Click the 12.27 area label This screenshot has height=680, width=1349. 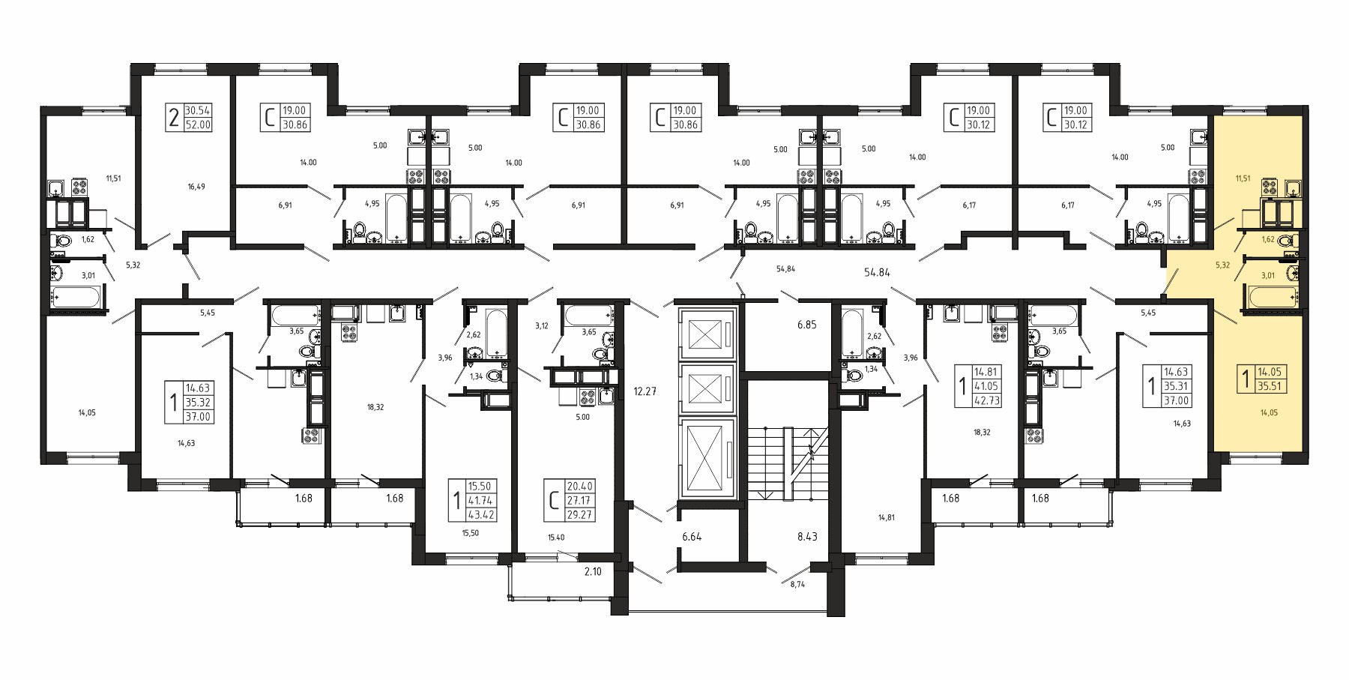click(645, 391)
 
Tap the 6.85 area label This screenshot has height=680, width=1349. click(786, 325)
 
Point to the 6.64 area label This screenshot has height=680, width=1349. click(692, 536)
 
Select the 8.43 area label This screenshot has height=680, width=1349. click(807, 536)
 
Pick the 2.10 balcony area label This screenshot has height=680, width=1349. click(594, 572)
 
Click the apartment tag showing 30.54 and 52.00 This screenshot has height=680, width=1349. click(189, 118)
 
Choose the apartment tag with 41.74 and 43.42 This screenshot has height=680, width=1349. click(472, 501)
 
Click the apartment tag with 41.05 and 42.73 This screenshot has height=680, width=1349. click(979, 386)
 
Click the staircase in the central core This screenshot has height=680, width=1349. click(787, 463)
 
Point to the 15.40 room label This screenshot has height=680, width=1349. click(555, 538)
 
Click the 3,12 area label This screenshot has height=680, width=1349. click(542, 325)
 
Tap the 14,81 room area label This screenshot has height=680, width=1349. click(887, 517)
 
